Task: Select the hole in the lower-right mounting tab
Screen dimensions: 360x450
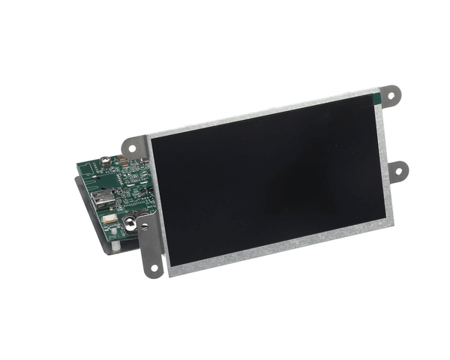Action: [x=397, y=171]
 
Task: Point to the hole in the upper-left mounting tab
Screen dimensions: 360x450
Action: [x=133, y=147]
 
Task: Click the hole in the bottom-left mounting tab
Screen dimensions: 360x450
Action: [x=154, y=265]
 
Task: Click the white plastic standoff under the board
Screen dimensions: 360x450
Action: [x=117, y=245]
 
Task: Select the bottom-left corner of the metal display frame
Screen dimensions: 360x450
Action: [x=169, y=271]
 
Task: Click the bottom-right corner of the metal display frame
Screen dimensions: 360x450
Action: [x=391, y=222]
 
